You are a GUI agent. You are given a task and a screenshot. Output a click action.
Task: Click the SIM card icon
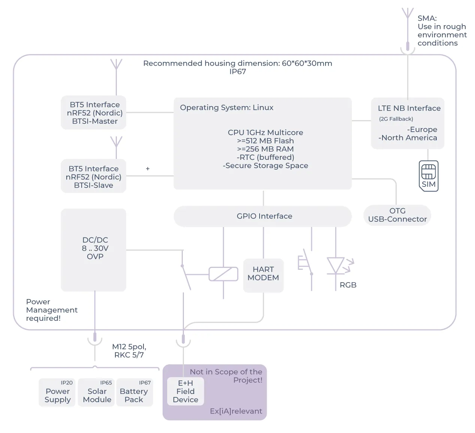[428, 176]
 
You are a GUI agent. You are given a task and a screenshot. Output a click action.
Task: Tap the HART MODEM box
[263, 275]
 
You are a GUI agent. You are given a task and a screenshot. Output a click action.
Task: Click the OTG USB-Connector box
[397, 215]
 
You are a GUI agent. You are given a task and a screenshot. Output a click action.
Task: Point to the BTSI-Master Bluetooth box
[94, 113]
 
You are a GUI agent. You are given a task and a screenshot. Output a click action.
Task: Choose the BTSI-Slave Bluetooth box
[94, 176]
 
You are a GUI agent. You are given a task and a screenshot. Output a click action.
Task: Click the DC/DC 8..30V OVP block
[94, 250]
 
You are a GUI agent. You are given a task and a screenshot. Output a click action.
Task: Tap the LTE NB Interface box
[408, 123]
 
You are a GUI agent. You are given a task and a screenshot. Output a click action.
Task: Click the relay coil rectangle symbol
[223, 274]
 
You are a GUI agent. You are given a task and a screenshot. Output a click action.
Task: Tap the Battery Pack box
[134, 392]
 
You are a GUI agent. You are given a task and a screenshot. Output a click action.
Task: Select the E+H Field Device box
[185, 391]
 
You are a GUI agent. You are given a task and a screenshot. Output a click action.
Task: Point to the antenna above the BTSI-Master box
[116, 77]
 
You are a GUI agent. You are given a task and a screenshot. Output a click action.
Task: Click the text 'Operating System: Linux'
[227, 107]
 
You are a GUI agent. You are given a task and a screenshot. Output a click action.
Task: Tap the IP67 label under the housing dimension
[237, 72]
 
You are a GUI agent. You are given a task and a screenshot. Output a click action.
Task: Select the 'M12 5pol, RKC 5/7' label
[129, 351]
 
